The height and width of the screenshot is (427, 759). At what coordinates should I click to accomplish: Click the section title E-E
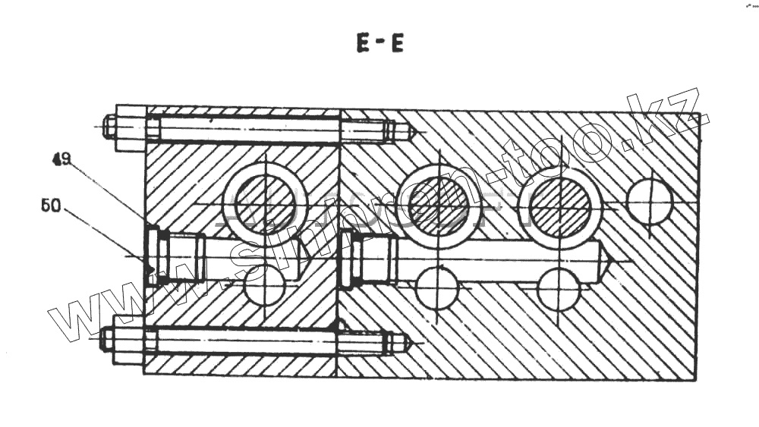coord(380,44)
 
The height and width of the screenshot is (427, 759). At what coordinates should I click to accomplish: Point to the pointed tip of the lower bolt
coord(407,343)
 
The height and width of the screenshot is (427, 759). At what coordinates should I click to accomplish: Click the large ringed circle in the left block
coord(265,204)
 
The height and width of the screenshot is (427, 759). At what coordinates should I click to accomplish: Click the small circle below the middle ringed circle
coord(437,289)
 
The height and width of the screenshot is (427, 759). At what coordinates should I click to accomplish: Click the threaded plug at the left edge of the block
coord(156,256)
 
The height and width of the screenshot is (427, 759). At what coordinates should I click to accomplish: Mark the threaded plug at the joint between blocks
coord(350,259)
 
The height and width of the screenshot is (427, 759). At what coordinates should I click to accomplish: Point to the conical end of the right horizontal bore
coord(607,261)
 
